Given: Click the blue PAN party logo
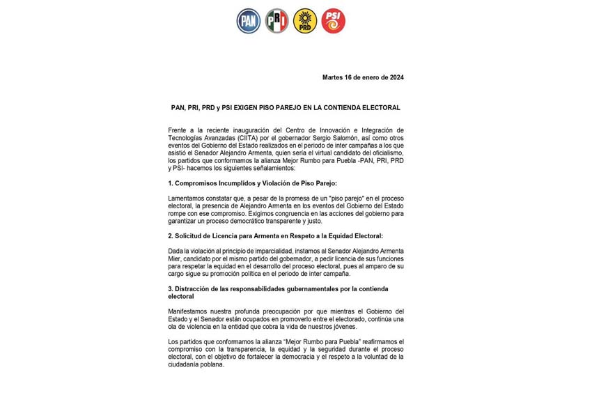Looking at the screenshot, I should pyautogui.click(x=249, y=21).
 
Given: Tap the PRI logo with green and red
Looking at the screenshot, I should pyautogui.click(x=276, y=21).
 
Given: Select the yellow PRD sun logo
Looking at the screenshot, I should pyautogui.click(x=305, y=21).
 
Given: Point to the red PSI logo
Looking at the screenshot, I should pyautogui.click(x=334, y=21).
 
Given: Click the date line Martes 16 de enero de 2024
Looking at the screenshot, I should pyautogui.click(x=363, y=77).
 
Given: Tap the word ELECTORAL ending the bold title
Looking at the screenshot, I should pyautogui.click(x=382, y=108).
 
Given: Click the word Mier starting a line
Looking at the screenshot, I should pyautogui.click(x=174, y=258).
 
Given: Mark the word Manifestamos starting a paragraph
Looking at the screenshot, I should pyautogui.click(x=189, y=311).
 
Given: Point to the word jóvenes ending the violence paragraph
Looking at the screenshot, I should pyautogui.click(x=343, y=326).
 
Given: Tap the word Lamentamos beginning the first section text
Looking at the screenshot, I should pyautogui.click(x=187, y=199).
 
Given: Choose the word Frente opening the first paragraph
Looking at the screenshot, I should pyautogui.click(x=178, y=130).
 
